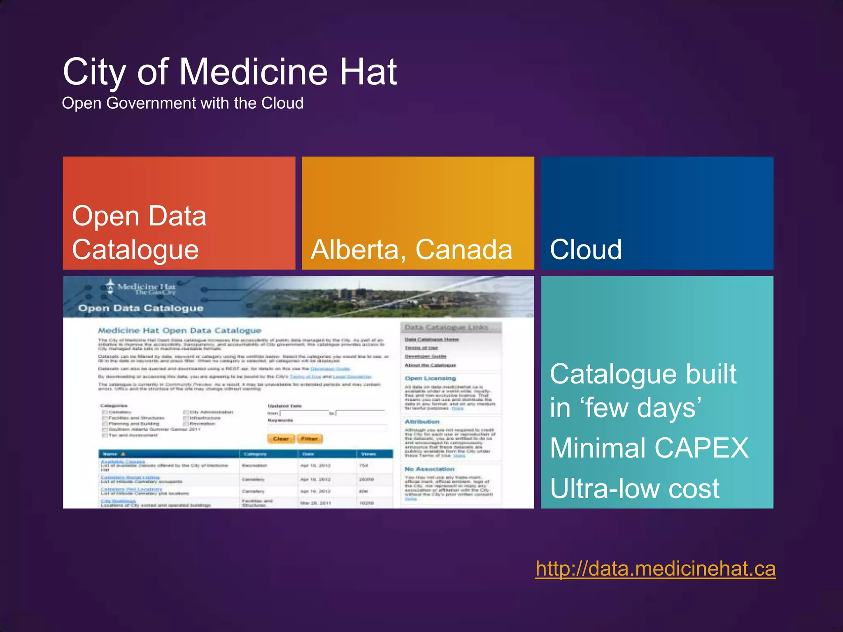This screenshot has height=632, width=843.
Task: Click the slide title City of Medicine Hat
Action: tap(230, 72)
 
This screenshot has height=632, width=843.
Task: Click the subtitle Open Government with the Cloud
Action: tap(182, 103)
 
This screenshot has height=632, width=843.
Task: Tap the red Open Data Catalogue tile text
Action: tap(139, 232)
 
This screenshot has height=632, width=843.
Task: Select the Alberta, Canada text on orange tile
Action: tap(411, 250)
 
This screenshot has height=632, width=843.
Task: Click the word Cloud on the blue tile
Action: tap(585, 250)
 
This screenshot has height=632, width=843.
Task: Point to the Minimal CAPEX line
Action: tap(649, 448)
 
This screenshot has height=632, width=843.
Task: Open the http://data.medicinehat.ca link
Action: tap(655, 569)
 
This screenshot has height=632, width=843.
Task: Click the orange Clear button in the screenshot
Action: tap(281, 439)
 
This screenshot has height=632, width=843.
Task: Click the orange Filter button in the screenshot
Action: tap(310, 439)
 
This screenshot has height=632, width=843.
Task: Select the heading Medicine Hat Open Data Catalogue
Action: tap(179, 330)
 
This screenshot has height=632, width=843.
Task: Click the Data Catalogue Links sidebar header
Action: tap(446, 328)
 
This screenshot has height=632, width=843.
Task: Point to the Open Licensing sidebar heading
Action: tap(430, 378)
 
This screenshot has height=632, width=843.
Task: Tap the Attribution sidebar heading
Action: tap(422, 422)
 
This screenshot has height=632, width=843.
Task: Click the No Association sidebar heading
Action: tap(429, 469)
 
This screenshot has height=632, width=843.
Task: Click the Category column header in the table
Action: tap(255, 454)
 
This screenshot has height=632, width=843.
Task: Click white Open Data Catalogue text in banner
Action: tap(141, 308)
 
